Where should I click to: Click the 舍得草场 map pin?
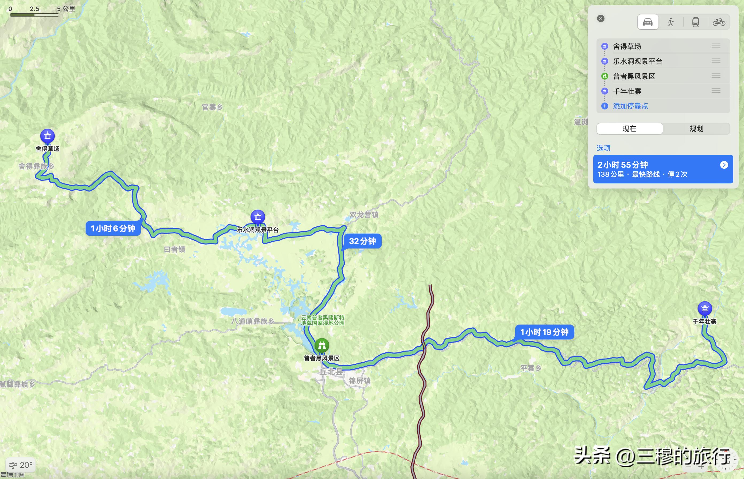click(47, 136)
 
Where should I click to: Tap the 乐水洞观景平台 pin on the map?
click(258, 217)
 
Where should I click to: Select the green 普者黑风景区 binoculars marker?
click(321, 345)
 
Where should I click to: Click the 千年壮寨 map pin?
click(705, 308)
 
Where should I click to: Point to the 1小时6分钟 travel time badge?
click(113, 229)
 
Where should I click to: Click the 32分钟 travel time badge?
click(362, 241)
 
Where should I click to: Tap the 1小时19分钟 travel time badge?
click(544, 332)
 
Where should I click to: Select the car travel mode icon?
click(648, 22)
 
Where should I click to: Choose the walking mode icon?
click(671, 22)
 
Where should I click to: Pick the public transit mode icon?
click(695, 22)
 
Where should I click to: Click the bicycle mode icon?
click(719, 22)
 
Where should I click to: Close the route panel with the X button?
click(601, 18)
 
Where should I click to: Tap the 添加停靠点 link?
click(630, 106)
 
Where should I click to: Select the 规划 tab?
click(696, 129)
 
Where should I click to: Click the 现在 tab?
click(629, 129)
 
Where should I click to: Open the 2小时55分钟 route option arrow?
click(724, 165)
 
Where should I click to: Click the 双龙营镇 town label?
click(364, 215)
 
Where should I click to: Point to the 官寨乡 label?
click(212, 107)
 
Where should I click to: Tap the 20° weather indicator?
click(21, 465)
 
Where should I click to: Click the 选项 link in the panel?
click(603, 148)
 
